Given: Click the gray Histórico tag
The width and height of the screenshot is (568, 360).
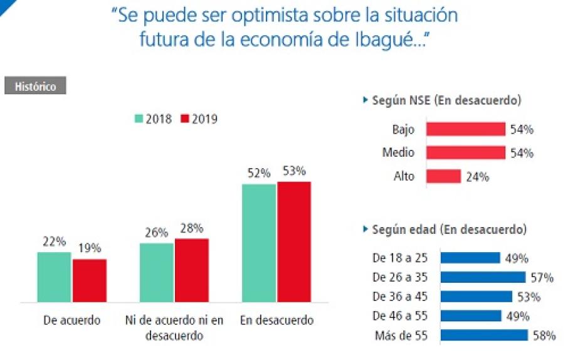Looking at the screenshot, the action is (35, 85).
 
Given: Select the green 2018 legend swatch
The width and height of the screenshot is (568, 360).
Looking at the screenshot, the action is (139, 119).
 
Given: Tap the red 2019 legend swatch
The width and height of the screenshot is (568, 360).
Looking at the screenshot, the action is (185, 119).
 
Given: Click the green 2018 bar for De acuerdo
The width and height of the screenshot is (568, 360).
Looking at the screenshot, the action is (54, 277).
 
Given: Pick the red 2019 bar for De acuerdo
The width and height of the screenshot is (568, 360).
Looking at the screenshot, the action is (90, 280).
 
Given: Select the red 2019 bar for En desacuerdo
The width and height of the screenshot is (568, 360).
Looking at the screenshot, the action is (294, 242).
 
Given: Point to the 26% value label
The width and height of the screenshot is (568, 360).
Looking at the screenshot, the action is (157, 233).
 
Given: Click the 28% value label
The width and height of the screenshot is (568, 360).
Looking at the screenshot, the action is (192, 228).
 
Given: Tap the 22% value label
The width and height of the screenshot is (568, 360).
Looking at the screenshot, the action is (55, 241).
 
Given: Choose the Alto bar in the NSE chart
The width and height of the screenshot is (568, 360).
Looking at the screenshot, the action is (443, 176).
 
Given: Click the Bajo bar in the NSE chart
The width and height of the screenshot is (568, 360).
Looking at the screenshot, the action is (466, 129).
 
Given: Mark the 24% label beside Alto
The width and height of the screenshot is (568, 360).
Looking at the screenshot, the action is (478, 177).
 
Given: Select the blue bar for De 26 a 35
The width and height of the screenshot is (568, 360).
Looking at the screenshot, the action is (483, 277).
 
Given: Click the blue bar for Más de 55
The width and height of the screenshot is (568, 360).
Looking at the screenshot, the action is (485, 336).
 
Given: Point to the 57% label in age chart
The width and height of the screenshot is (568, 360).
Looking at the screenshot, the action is (542, 278).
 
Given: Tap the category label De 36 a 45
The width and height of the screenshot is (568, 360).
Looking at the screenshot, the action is (400, 297).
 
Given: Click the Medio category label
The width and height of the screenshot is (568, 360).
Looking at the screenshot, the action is (398, 152).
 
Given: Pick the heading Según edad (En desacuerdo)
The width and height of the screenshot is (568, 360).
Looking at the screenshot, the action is (449, 230).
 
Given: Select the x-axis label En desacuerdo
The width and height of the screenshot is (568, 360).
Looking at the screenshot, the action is (276, 320).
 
